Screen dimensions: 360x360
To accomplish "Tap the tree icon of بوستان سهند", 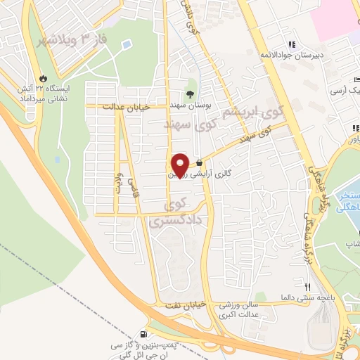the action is [x=190, y=94].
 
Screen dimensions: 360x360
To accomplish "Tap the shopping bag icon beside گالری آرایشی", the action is [x=201, y=162].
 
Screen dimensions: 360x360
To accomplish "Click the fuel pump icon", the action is [x=144, y=335].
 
